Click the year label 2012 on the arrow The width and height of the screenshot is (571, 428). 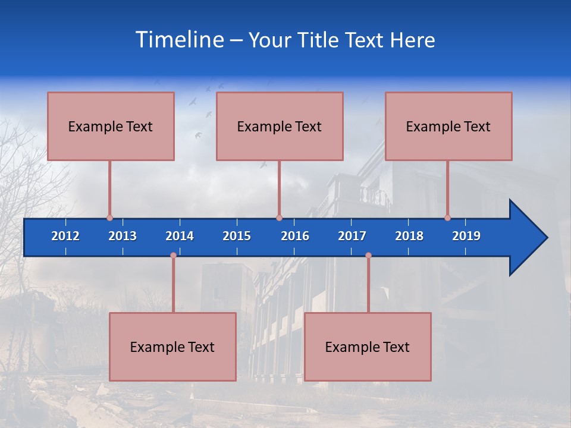[x=65, y=236]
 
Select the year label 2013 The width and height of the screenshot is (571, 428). [x=123, y=236]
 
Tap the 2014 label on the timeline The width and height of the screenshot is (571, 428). [x=180, y=236]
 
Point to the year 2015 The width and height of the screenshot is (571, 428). [x=237, y=236]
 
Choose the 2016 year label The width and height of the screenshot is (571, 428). [x=295, y=236]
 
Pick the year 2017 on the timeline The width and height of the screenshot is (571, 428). [x=352, y=236]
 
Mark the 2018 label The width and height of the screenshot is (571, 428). [x=409, y=236]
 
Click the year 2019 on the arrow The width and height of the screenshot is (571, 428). [x=466, y=236]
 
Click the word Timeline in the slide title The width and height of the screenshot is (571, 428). [x=178, y=40]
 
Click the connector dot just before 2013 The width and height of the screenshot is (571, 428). [x=109, y=218]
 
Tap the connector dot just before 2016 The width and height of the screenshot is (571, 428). [x=279, y=218]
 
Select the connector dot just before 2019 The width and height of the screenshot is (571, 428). [x=447, y=218]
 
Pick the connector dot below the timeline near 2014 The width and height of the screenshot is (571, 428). [x=173, y=256]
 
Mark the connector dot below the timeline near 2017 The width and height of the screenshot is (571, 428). [x=368, y=256]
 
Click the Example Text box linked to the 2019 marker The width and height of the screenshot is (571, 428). [x=448, y=126]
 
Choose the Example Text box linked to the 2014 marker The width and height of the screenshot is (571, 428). [x=172, y=347]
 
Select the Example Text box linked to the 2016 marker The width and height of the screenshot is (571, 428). [x=280, y=126]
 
